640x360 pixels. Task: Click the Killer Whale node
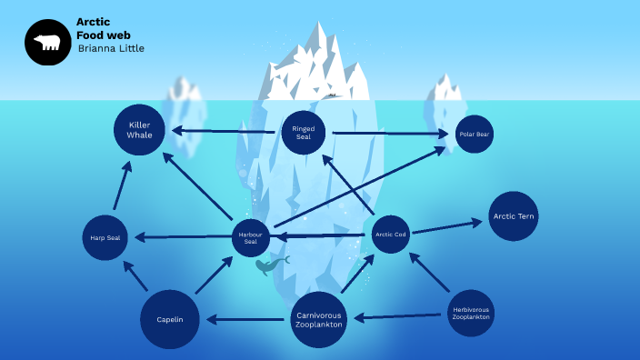(139, 130)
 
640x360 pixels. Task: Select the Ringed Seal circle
(303, 133)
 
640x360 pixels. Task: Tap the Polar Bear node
(474, 134)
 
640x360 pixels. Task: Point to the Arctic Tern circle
(514, 216)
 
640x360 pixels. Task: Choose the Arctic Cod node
(391, 235)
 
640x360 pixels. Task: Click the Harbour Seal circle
(251, 237)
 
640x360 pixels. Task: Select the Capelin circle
(170, 320)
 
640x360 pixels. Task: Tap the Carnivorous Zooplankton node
(319, 320)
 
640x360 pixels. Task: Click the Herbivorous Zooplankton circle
(471, 314)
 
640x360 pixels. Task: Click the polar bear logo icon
(47, 43)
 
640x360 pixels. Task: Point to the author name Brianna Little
(111, 48)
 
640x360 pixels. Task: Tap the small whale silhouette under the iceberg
(269, 265)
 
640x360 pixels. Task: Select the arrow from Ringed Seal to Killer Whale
(224, 131)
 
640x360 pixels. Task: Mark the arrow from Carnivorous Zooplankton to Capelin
(245, 320)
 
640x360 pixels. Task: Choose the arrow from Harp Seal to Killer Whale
(121, 185)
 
